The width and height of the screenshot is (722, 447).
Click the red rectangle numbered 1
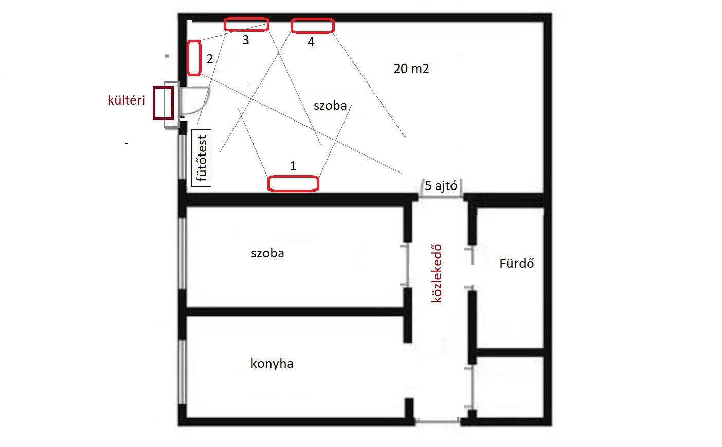tap(293, 183)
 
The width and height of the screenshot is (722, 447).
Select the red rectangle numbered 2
tap(194, 58)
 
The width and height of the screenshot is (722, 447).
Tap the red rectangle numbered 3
tap(246, 25)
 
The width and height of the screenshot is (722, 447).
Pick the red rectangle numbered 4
tap(312, 26)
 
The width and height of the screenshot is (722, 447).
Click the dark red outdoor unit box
tap(164, 102)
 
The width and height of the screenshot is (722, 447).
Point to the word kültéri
tap(127, 100)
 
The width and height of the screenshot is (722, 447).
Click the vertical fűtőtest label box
tap(202, 158)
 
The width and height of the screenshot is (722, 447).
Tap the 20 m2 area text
tap(411, 68)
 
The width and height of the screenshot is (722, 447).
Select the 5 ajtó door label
tap(441, 185)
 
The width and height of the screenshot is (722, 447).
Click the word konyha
tap(272, 364)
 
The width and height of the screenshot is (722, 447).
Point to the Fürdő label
tap(517, 263)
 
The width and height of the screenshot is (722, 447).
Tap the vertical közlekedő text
tap(437, 273)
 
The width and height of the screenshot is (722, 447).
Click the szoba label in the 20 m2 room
tap(330, 106)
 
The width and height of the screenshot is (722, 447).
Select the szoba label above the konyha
tap(267, 253)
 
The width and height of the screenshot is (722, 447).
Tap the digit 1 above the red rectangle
tap(293, 166)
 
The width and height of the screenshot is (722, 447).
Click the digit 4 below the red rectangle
tap(311, 42)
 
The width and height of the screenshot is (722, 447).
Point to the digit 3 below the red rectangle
tap(246, 40)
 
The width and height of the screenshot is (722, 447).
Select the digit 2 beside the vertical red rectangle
tap(209, 59)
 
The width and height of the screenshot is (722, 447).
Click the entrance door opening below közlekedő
tap(438, 421)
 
